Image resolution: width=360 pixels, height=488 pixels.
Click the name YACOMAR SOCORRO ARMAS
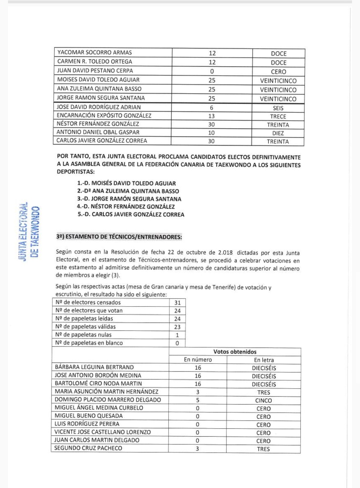click(95, 52)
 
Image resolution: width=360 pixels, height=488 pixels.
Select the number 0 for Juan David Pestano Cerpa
click(212, 71)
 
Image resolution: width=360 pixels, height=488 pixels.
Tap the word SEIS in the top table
click(278, 108)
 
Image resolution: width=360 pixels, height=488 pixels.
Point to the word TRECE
click(278, 116)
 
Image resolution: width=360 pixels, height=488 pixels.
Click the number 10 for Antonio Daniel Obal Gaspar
click(211, 133)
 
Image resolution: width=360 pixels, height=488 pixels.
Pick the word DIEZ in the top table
click(278, 133)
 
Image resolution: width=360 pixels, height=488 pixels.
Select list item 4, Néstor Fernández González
click(126, 206)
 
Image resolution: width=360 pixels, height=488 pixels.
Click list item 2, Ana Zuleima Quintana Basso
click(128, 191)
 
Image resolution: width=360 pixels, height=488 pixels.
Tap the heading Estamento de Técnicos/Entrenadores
click(119, 237)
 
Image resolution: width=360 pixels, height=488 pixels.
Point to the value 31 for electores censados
click(177, 303)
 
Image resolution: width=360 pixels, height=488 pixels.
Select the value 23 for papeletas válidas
click(177, 327)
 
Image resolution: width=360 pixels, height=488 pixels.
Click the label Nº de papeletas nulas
click(84, 335)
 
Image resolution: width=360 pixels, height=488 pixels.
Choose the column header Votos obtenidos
click(235, 352)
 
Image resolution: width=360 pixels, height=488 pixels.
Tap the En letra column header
click(264, 360)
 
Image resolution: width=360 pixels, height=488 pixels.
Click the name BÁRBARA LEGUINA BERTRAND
click(94, 367)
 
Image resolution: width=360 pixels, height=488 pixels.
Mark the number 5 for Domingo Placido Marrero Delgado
click(198, 400)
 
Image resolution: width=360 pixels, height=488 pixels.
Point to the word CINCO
click(264, 400)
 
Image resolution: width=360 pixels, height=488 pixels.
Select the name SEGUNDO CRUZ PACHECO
click(88, 448)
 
